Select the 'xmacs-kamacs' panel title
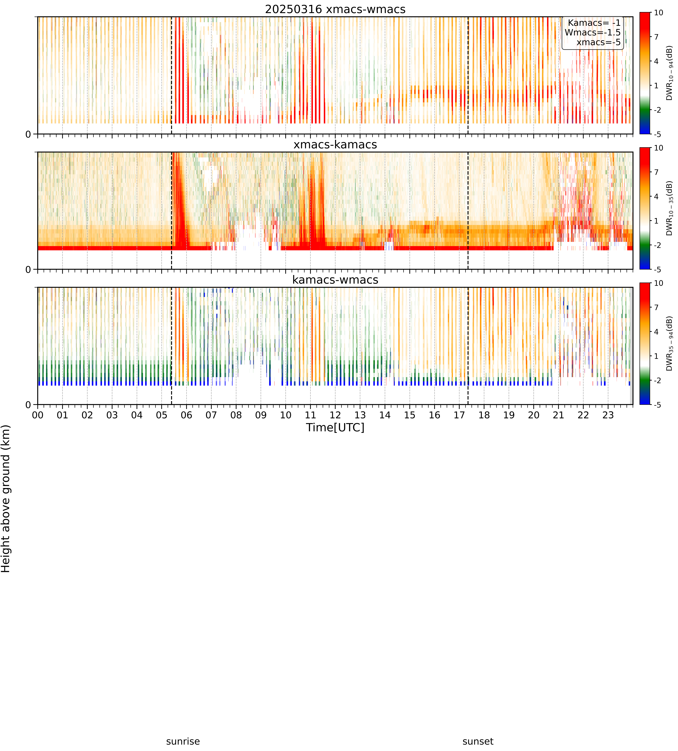335,145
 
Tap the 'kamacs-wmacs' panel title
335,280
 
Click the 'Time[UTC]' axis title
335,427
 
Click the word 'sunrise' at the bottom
183,741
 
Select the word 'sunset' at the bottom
478,741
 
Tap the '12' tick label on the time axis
335,415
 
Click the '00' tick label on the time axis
38,415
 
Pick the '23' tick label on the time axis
608,415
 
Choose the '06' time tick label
186,415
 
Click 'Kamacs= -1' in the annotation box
594,23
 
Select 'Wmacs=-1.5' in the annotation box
593,32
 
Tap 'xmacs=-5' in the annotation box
599,42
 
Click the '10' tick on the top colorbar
659,13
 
